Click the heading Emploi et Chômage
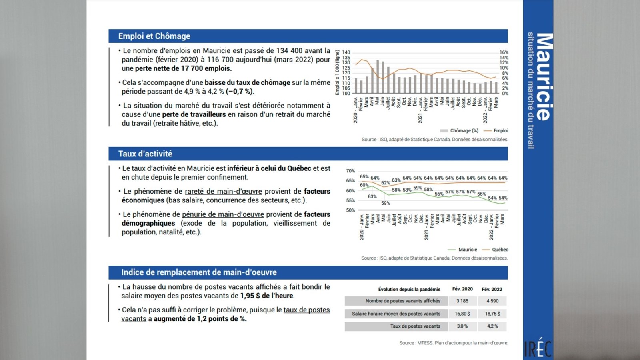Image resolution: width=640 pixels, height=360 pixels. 154,36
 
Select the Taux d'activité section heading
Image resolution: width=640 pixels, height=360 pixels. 145,154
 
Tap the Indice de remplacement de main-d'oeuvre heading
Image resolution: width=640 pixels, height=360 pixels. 199,272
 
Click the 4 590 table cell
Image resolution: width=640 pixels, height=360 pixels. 492,301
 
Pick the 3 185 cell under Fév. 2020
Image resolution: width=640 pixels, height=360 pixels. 462,301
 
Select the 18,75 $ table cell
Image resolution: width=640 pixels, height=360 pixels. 492,314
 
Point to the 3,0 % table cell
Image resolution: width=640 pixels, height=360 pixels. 462,326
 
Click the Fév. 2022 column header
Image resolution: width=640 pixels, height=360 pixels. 492,290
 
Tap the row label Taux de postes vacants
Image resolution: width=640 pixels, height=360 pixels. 415,326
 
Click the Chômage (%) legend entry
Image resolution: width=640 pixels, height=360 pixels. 459,130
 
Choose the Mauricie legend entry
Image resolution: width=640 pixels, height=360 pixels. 462,250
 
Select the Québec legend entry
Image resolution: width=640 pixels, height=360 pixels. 495,250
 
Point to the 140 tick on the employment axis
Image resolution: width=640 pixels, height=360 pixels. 346,52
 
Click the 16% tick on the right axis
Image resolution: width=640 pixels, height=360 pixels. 504,52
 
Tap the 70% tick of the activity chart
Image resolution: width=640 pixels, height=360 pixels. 350,171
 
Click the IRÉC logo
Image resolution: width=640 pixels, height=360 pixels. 538,348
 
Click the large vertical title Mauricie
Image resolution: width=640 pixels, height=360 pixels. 544,76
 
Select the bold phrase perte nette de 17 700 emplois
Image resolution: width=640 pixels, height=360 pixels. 184,68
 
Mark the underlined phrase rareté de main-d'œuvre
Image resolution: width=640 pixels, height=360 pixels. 223,192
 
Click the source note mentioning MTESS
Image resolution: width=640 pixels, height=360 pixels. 454,343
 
